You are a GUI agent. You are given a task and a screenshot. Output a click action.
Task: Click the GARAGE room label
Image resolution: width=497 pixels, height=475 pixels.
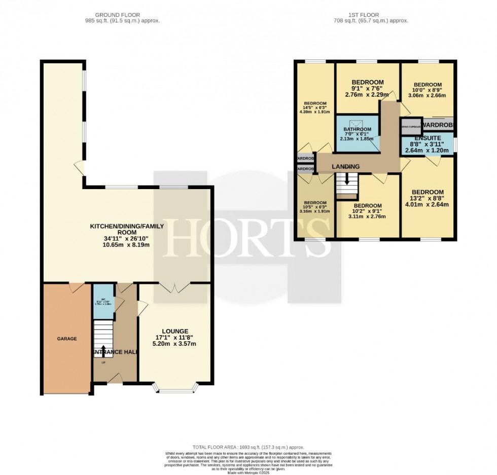[x=66, y=338]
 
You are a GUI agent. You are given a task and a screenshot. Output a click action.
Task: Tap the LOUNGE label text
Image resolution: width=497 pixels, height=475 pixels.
[x=175, y=331]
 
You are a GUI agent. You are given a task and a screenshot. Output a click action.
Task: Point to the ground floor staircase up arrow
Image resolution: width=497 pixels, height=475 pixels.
[x=103, y=351]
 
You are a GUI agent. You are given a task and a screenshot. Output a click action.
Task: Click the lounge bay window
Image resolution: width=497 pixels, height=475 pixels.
[x=176, y=390]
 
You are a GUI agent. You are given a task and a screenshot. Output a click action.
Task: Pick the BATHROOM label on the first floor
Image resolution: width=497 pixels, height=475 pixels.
[x=357, y=130]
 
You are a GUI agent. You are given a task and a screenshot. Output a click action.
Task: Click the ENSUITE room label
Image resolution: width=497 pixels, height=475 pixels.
[x=427, y=138]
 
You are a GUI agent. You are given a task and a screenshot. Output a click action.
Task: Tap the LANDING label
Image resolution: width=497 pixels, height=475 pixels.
[x=346, y=166]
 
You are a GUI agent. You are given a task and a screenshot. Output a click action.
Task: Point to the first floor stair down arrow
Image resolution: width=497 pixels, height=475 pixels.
[x=347, y=179]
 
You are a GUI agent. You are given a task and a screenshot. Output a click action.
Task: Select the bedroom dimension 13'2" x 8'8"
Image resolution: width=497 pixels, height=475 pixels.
[x=427, y=198]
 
